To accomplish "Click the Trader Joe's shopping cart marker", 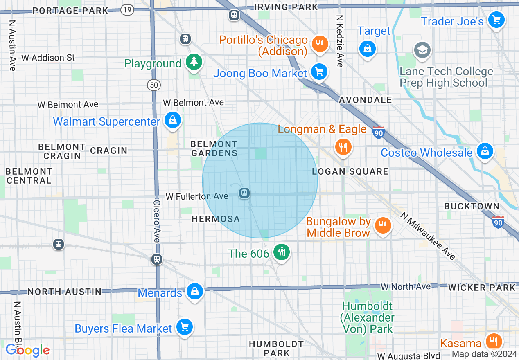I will pos(496,20).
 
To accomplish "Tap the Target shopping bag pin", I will pos(368,49).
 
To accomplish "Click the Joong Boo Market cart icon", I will pos(319,72).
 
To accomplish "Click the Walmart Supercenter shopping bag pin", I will pos(173,121).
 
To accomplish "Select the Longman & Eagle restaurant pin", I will pos(343,146).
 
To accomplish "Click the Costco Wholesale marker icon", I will pos(485,151).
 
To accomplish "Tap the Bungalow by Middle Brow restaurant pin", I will pos(382,225).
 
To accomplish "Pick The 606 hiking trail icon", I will pos(281,252).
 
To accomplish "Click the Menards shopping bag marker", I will pos(194,292).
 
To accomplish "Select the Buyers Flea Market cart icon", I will pos(184,327).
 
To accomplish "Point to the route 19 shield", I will pos(128,10).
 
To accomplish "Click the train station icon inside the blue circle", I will pos(245,192).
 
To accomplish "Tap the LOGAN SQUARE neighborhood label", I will pos(350,171).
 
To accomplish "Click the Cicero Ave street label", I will pos(157,221).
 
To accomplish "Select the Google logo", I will pos(27,350).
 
